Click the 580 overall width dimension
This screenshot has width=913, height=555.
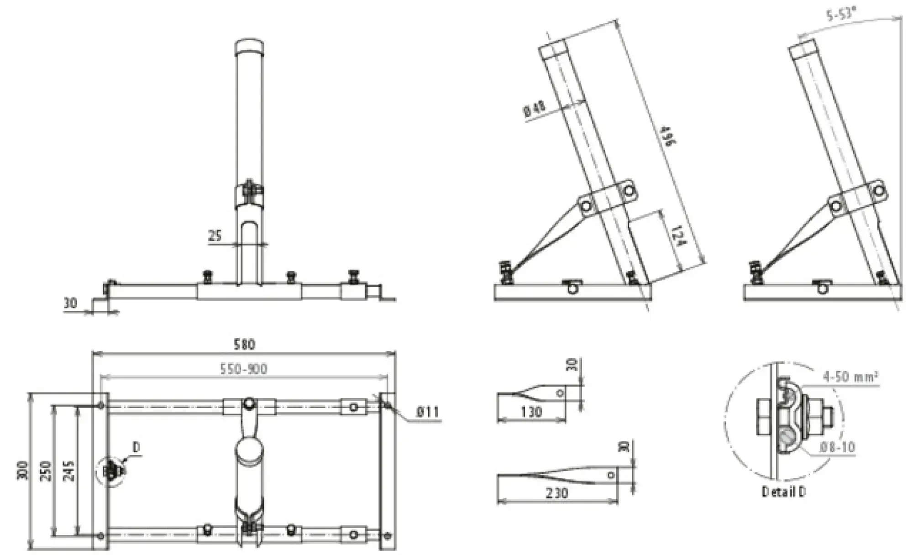pos(244,344)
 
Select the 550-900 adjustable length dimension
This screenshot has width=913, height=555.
pos(243,369)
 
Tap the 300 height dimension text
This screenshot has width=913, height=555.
pos(22,471)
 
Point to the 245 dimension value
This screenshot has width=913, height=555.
pos(68,471)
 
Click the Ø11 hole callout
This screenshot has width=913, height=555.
pos(427,412)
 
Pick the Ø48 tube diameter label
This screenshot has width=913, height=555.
pos(534,110)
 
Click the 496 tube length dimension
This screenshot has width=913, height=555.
pos(667,136)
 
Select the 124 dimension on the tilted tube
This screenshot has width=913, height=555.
pos(679,236)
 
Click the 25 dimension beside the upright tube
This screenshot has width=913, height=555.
pos(215,236)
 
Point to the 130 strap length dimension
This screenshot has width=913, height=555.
pos(531,412)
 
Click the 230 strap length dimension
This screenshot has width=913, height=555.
pos(556,493)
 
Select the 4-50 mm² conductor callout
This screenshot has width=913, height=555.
pos(850,377)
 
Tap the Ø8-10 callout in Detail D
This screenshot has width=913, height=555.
pos(837,447)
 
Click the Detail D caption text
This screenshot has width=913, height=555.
pos(783,492)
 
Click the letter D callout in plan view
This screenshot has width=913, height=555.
pos(136,448)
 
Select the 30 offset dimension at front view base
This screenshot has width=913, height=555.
pos(70,303)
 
